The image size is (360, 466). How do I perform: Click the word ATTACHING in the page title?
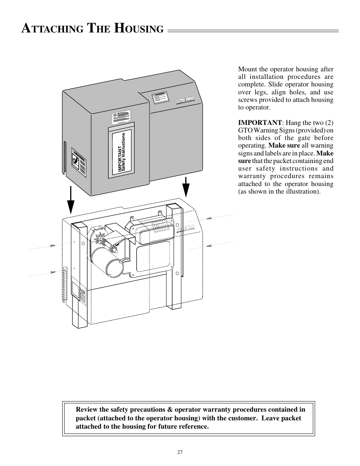tap(52, 29)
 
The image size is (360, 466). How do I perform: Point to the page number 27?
tap(180, 452)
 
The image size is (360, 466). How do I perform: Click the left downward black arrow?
tap(71, 200)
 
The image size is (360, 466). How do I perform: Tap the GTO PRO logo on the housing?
tap(185, 100)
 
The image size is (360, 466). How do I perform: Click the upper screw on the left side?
tap(52, 246)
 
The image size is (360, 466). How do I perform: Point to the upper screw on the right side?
tap(209, 218)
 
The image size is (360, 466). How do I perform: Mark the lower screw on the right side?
tap(208, 246)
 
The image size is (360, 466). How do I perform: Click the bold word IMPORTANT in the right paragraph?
tap(260, 123)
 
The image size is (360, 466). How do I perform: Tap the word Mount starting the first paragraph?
tap(248, 69)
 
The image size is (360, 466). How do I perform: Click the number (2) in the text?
tap(327, 123)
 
